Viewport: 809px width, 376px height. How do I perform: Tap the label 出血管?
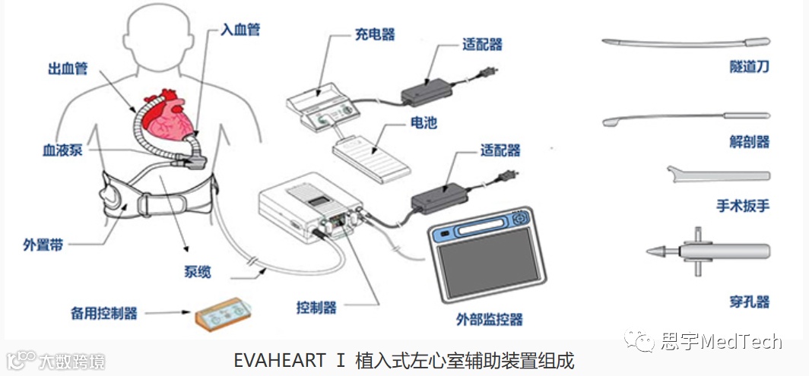[68, 69]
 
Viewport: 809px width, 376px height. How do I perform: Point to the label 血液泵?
[62, 150]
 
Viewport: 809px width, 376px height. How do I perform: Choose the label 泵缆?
[196, 271]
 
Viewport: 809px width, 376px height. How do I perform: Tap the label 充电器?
[374, 34]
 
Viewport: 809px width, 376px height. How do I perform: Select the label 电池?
[424, 122]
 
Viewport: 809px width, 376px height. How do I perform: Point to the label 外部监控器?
[489, 318]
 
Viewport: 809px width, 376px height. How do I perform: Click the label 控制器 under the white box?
[316, 308]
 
